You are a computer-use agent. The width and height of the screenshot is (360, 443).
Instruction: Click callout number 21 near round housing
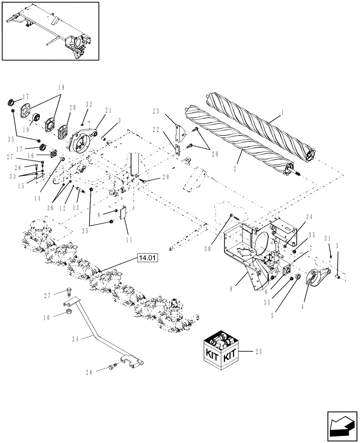(108, 110)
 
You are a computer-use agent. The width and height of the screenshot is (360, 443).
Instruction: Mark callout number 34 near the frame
(309, 217)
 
